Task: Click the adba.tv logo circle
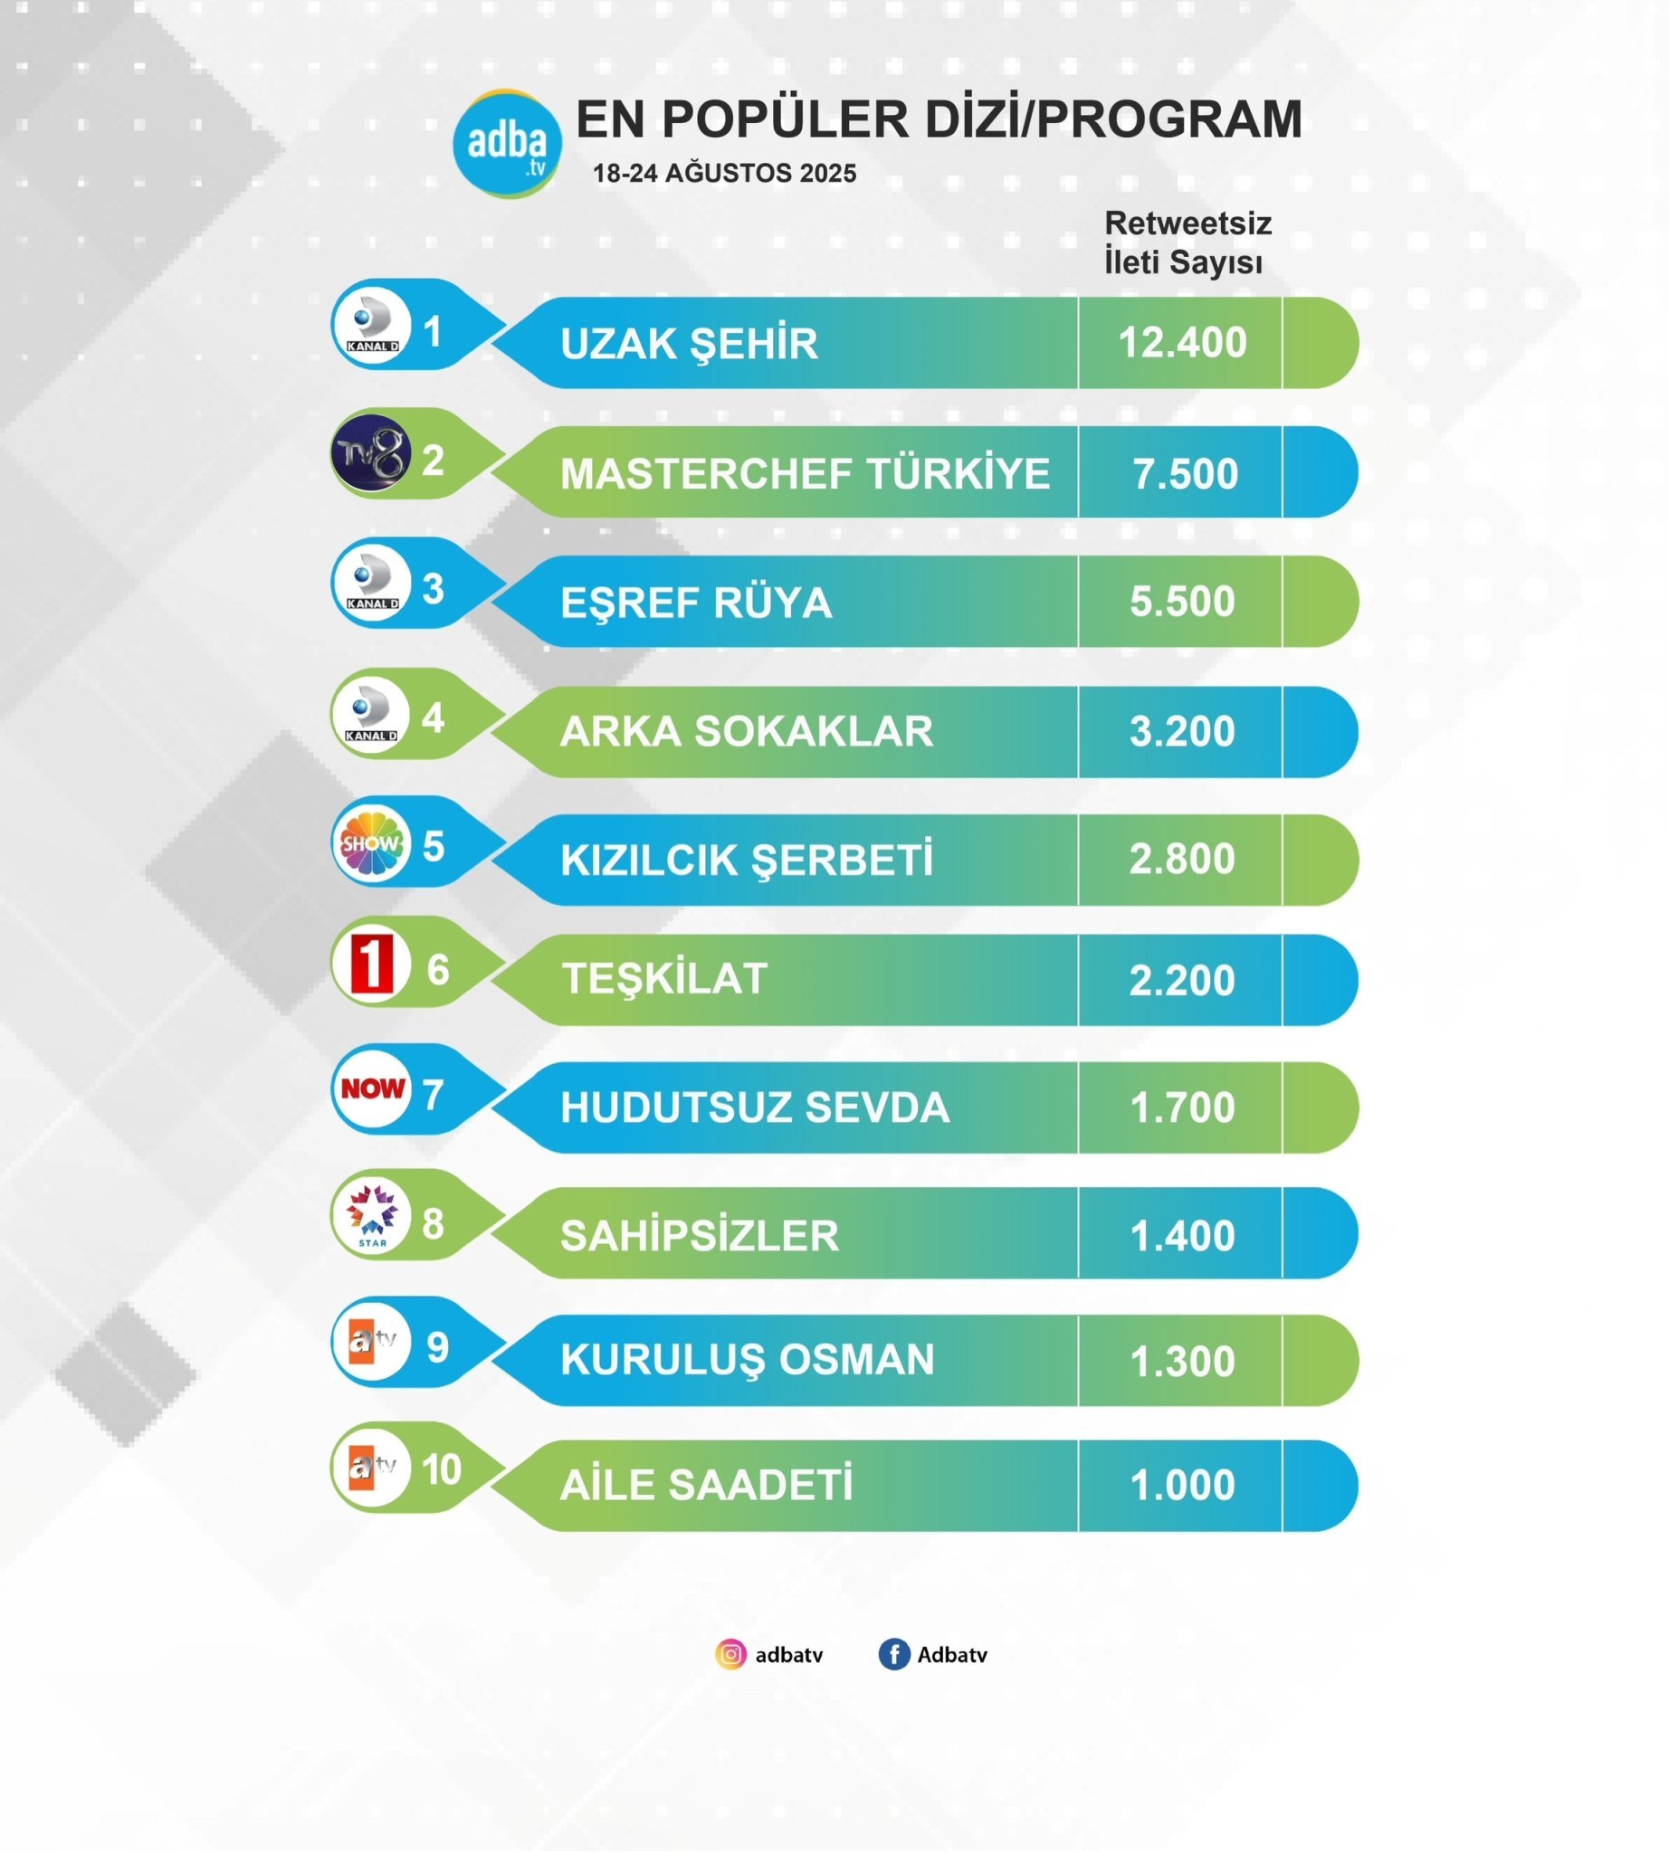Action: tap(507, 144)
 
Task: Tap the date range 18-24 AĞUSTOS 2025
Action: tap(724, 174)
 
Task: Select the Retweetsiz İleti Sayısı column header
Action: tap(1187, 242)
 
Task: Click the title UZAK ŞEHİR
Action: tap(689, 344)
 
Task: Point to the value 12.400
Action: tap(1181, 343)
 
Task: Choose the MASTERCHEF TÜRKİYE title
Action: tap(805, 474)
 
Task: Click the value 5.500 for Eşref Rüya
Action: tap(1181, 602)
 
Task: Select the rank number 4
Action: tap(433, 717)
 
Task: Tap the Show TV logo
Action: tap(371, 842)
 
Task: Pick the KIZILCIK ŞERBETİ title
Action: tap(747, 860)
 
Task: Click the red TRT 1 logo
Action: tap(371, 964)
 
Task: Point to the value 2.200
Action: tap(1181, 980)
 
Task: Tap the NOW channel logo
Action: tap(372, 1088)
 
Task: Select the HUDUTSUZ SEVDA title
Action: tap(754, 1107)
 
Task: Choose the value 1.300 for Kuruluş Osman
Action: tap(1181, 1362)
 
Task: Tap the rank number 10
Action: tap(440, 1469)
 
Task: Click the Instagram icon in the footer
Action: tap(731, 1655)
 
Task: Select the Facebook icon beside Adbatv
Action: tap(893, 1655)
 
